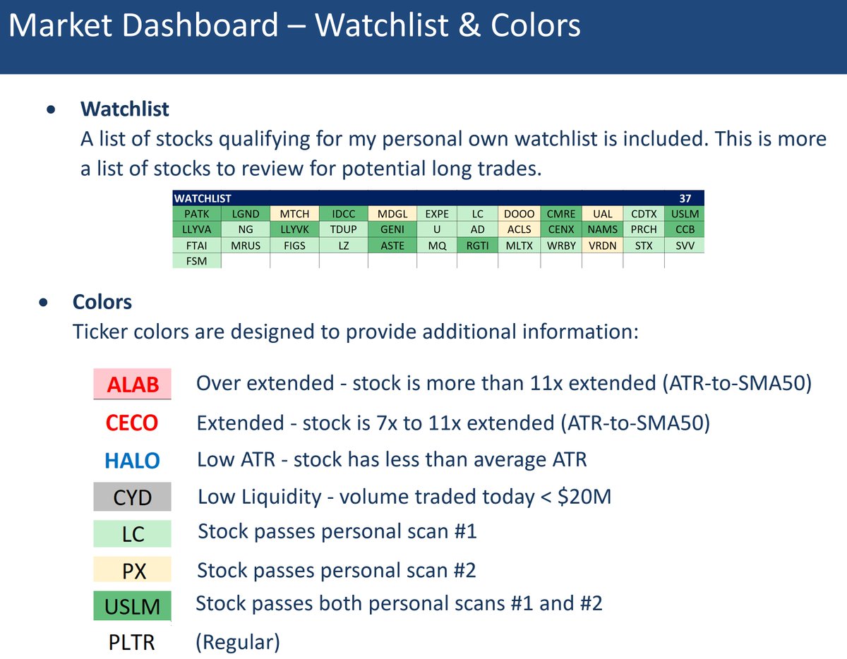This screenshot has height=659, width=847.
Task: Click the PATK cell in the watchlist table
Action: (x=197, y=213)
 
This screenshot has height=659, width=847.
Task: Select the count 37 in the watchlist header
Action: (x=684, y=199)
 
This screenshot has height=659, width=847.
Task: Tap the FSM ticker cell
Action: (x=197, y=261)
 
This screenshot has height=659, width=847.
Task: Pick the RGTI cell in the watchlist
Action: (x=477, y=246)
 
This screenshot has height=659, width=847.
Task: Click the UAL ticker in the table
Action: (x=602, y=213)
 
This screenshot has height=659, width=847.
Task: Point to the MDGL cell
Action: (x=392, y=213)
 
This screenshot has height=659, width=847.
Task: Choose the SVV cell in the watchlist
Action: (x=684, y=246)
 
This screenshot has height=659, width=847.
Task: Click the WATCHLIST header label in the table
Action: (x=203, y=199)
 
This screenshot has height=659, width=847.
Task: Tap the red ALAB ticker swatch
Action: (x=133, y=385)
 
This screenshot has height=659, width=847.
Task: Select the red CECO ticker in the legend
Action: (x=132, y=423)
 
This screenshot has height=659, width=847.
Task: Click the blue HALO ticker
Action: (x=132, y=461)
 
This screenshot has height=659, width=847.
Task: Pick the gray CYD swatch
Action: (x=133, y=497)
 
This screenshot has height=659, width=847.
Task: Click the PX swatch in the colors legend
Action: (x=133, y=570)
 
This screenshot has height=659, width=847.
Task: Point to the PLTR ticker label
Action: (x=133, y=643)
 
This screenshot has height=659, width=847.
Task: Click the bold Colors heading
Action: (x=102, y=302)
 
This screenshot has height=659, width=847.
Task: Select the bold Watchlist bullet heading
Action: (x=125, y=109)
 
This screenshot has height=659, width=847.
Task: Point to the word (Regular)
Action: (x=237, y=643)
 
